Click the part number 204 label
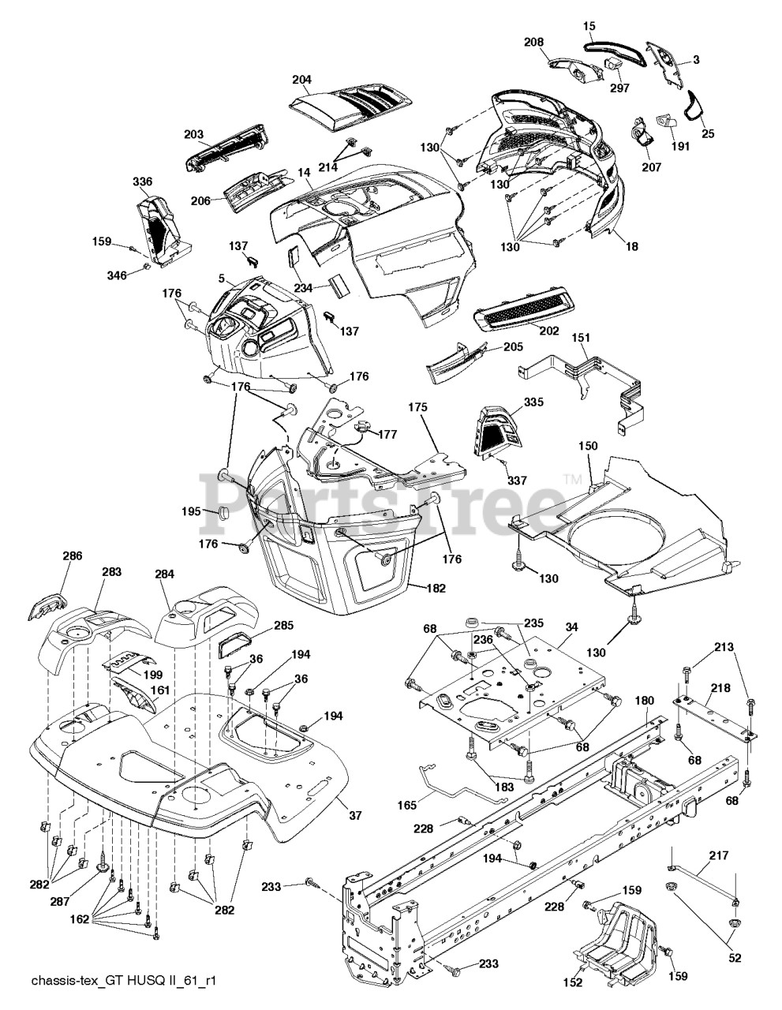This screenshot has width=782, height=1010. coord(301,80)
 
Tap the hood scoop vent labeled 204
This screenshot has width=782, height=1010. coord(351,106)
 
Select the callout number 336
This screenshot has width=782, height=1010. coord(142,182)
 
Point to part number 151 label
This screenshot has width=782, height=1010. coord(581,338)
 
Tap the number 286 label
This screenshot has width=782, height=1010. coord(73,556)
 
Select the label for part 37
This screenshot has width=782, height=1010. coord(355,815)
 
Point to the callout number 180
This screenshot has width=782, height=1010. coord(645,700)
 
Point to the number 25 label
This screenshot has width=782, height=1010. coord(708,133)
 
